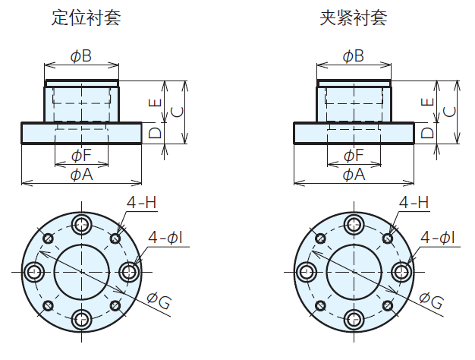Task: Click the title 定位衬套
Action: (86, 17)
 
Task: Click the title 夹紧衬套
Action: (353, 17)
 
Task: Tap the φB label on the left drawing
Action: (81, 56)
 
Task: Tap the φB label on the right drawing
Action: (353, 56)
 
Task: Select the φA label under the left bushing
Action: (81, 175)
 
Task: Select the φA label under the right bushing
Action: (353, 175)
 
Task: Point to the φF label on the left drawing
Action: (81, 156)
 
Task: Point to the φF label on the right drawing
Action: (353, 156)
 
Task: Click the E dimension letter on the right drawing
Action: (427, 101)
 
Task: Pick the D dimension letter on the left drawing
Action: (155, 133)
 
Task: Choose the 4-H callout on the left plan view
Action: (141, 203)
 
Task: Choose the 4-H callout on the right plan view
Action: (414, 203)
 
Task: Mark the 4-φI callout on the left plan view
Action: (165, 238)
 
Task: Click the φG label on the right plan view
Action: (430, 301)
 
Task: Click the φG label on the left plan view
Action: (159, 301)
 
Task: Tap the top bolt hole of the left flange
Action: (81, 223)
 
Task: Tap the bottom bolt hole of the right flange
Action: (354, 318)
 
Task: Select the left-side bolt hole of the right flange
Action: (306, 271)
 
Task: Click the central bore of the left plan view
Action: (81, 271)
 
